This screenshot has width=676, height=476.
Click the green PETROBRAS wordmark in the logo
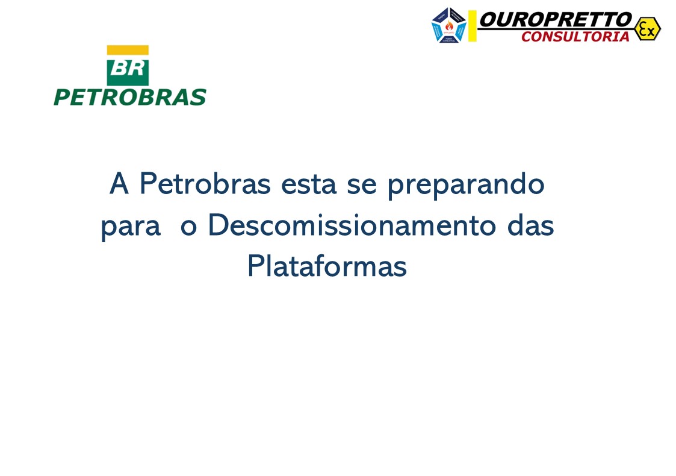[x=129, y=97]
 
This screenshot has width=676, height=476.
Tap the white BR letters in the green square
[x=128, y=68]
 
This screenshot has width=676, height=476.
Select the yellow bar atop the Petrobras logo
[x=128, y=51]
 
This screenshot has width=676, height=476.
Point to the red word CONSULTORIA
[x=575, y=37]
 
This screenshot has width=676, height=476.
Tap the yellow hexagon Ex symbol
[x=647, y=28]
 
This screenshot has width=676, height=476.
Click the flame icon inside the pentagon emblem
[x=449, y=25]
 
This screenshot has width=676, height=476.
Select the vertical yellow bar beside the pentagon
[x=473, y=26]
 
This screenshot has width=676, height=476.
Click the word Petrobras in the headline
[x=205, y=184]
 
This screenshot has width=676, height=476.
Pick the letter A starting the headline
[x=119, y=184]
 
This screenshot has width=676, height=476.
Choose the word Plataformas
[x=327, y=266]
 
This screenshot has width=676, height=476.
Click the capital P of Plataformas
[x=255, y=266]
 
